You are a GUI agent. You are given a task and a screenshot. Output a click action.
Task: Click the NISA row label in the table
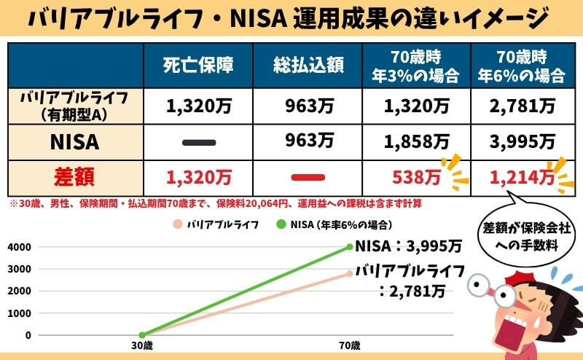click(75, 141)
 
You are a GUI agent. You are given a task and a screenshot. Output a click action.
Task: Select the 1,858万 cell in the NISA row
click(417, 141)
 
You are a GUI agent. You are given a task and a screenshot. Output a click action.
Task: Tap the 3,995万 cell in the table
click(523, 141)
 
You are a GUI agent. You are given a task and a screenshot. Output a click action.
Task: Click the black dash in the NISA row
click(198, 142)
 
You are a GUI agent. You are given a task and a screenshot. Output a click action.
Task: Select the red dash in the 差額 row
click(307, 176)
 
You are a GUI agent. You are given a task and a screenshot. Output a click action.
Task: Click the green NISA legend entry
click(332, 224)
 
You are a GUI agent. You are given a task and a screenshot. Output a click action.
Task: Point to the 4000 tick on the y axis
click(21, 246)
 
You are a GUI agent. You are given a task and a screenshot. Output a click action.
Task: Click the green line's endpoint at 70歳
click(351, 246)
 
